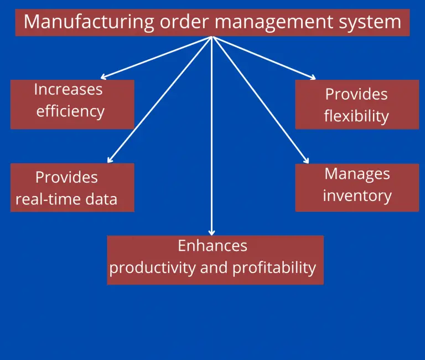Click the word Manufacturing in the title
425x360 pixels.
point(89,22)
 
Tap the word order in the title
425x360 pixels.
point(184,22)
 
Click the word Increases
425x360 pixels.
point(68,89)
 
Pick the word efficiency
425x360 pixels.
point(70,111)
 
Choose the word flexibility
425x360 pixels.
point(356,116)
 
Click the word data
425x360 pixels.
point(101,199)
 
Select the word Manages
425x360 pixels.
point(357,174)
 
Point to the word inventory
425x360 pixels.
point(357,196)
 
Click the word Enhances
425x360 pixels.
point(212,246)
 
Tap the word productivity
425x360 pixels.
point(152,268)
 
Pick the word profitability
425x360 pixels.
point(274,268)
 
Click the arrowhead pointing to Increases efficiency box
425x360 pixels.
point(103,77)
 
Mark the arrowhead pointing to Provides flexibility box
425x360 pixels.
point(313,78)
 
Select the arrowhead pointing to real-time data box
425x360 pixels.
point(110,160)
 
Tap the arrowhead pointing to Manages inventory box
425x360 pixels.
point(307,160)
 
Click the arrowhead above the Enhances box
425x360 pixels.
point(212,233)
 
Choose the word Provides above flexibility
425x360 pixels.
point(356,95)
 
